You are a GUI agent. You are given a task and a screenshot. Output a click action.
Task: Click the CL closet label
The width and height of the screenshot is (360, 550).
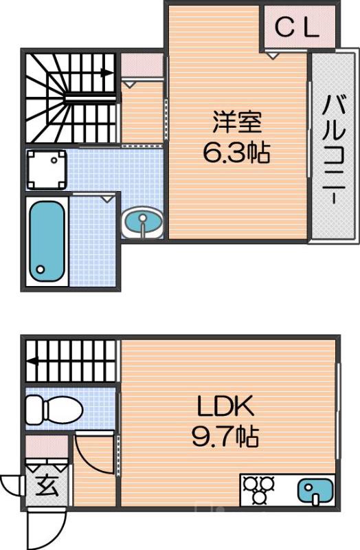tap(297, 27)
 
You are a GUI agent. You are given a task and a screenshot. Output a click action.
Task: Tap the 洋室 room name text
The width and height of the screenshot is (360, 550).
tap(236, 122)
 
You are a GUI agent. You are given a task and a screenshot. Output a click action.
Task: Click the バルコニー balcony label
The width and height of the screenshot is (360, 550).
tap(335, 147)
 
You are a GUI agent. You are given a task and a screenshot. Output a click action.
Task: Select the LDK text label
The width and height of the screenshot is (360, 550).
tap(226, 407)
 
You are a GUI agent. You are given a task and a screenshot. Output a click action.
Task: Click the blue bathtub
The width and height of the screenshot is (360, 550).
tap(47, 240)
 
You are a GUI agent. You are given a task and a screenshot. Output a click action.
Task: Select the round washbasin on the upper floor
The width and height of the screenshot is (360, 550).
tap(142, 222)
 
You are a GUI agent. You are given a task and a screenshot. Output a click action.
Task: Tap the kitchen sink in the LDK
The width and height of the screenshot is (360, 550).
tap(313, 491)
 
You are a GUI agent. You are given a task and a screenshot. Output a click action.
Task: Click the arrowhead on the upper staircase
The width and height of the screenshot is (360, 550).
tap(108, 71)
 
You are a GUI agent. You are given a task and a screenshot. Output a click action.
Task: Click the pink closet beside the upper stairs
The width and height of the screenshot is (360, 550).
tap(142, 66)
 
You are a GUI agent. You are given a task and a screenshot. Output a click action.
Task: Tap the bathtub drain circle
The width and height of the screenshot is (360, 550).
tap(41, 269)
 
